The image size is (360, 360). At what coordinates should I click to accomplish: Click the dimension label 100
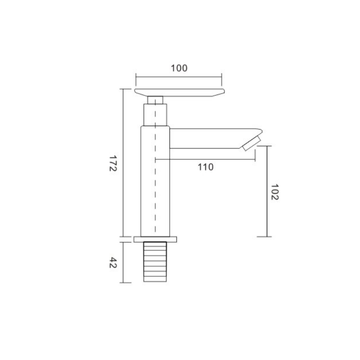click(x=179, y=68)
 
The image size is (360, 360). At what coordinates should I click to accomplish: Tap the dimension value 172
click(x=113, y=163)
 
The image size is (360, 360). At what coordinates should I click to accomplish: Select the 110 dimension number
click(x=206, y=167)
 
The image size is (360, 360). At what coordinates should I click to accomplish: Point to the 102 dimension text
click(x=275, y=192)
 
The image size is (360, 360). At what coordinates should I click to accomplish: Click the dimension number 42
click(x=113, y=263)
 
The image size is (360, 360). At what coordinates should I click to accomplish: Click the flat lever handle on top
click(x=179, y=92)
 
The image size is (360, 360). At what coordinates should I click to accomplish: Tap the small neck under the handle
click(x=155, y=100)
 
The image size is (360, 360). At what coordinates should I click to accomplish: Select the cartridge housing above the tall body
click(x=155, y=115)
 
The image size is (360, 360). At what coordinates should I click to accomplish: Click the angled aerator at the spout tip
click(x=252, y=143)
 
